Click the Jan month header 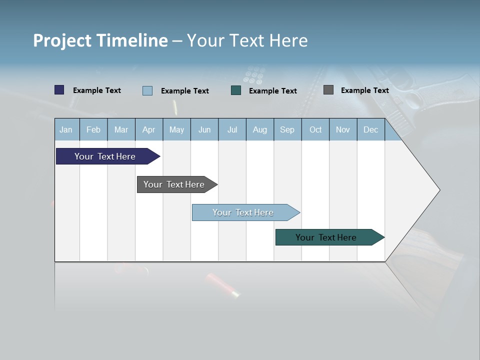[66, 129]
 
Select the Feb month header [93, 129]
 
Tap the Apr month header [148, 129]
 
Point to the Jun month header [204, 129]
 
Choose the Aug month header [259, 129]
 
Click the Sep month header [287, 129]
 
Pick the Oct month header [315, 129]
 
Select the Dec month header [370, 129]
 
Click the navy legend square [59, 90]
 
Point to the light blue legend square [147, 90]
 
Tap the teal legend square [236, 90]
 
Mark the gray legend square [328, 90]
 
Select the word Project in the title [62, 40]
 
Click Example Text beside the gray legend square [364, 90]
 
